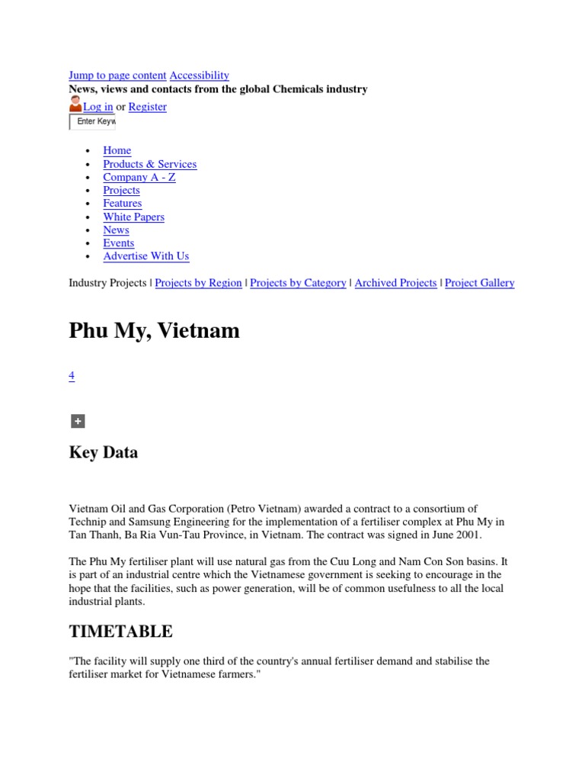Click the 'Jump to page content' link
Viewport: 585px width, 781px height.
[x=117, y=76]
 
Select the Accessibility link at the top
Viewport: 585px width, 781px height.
[x=199, y=76]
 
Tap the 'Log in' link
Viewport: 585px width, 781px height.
[x=97, y=107]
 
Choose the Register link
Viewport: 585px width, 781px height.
[x=147, y=107]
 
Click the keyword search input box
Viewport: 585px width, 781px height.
[x=93, y=122]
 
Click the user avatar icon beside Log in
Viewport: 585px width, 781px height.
[x=75, y=105]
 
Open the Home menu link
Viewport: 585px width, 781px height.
[x=117, y=151]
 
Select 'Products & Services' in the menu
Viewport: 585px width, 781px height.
[x=150, y=164]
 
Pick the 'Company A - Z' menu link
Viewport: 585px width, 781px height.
[x=139, y=177]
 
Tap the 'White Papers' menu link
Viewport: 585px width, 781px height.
[x=134, y=217]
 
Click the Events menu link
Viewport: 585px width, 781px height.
[x=119, y=243]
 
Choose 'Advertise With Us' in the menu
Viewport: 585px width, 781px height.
[x=146, y=256]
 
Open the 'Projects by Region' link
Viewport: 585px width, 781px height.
[x=199, y=283]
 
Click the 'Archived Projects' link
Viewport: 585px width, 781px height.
[x=395, y=283]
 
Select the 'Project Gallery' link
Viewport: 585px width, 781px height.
[x=479, y=283]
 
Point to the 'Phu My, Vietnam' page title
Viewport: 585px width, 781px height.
[x=155, y=331]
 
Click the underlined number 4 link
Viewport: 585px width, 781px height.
[x=72, y=375]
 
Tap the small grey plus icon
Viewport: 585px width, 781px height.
[x=77, y=421]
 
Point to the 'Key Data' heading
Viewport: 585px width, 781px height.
[x=104, y=452]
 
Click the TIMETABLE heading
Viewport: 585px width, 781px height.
[x=121, y=632]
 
